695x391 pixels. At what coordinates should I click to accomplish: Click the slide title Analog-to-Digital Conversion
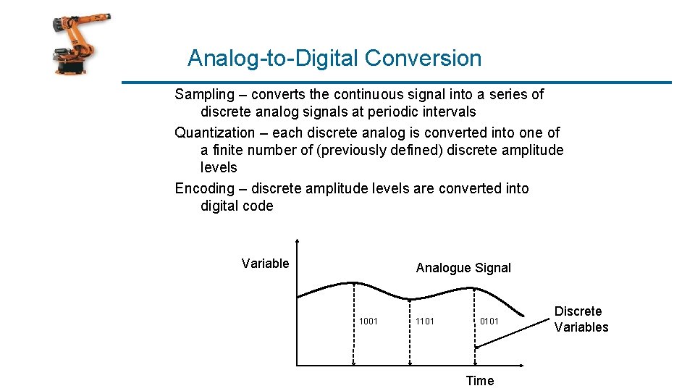click(334, 58)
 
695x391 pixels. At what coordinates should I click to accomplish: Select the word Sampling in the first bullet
click(205, 94)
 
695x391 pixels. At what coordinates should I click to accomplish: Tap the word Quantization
click(215, 133)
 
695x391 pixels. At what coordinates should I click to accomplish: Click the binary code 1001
click(368, 321)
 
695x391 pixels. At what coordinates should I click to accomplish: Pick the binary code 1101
click(425, 321)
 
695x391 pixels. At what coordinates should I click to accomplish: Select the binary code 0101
click(489, 321)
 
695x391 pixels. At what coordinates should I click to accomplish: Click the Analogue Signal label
click(463, 268)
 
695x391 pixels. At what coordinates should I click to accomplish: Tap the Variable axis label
click(265, 264)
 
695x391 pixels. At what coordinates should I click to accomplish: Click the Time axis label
click(479, 381)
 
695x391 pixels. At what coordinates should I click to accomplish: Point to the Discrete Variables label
click(581, 319)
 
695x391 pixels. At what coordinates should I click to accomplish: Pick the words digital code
click(237, 206)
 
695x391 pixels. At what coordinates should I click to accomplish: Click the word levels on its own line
click(219, 167)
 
